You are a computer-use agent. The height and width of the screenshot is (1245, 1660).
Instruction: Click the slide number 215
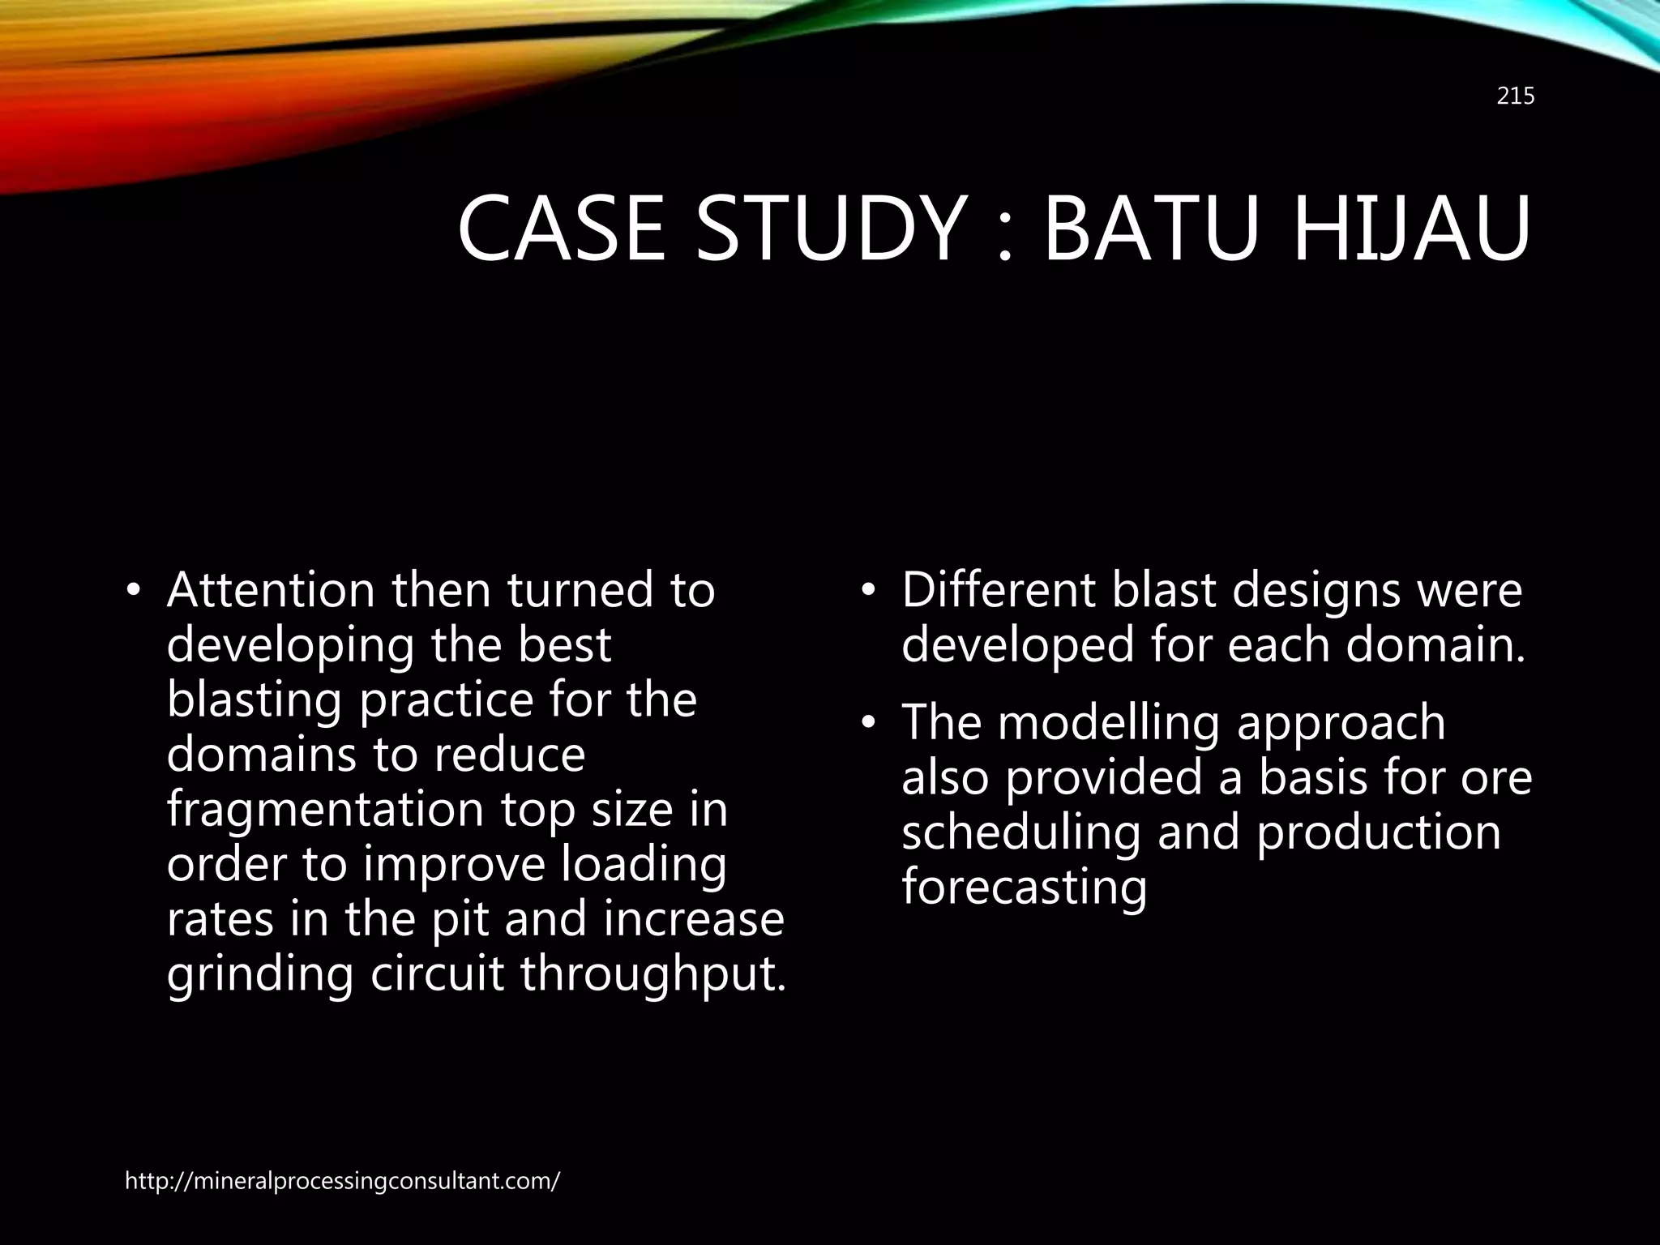(1515, 96)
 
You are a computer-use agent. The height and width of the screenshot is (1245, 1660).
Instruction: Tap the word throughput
(653, 974)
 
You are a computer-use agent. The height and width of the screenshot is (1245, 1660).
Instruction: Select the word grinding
(260, 974)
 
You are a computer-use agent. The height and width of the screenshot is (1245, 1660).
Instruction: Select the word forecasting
(1025, 887)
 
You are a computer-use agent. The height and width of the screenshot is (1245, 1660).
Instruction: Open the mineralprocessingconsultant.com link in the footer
(342, 1181)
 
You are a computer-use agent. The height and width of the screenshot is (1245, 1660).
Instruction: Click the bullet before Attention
(134, 591)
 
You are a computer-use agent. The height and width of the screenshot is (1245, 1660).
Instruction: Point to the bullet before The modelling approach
(869, 723)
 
